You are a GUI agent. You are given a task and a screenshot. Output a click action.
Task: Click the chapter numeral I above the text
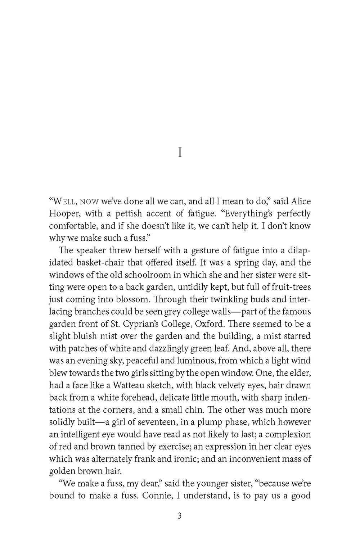pyautogui.click(x=180, y=153)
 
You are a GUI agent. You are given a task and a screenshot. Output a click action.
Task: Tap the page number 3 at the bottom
pyautogui.click(x=180, y=516)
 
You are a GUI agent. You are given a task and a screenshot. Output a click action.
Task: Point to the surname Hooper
pyautogui.click(x=64, y=213)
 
